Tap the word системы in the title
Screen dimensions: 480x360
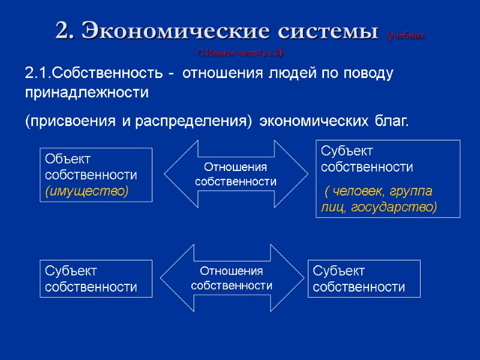[x=323, y=30]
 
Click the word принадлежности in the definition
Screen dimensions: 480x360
[x=86, y=93]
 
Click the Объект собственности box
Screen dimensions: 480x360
[x=95, y=175]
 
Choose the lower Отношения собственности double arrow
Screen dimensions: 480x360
[x=232, y=278]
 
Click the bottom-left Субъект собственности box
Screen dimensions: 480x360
[x=95, y=279]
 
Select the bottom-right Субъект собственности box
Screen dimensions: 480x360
[x=364, y=279]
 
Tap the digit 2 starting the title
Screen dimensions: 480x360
[x=62, y=30]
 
